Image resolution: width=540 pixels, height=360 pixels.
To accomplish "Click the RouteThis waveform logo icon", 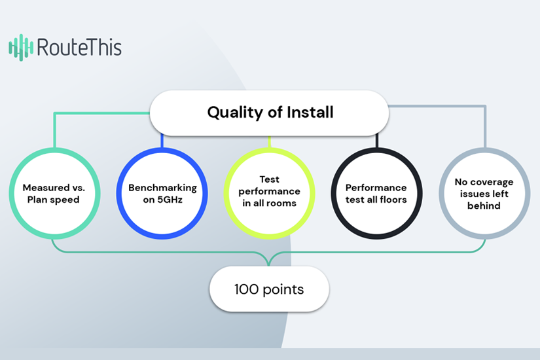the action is pyautogui.click(x=21, y=48).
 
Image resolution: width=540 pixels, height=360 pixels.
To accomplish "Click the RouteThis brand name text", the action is pyautogui.click(x=79, y=47).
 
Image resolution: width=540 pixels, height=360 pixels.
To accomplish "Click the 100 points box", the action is pyautogui.click(x=269, y=289).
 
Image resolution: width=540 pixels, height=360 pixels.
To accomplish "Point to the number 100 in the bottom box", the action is pyautogui.click(x=246, y=289).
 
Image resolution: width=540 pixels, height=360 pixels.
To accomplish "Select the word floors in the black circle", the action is pyautogui.click(x=393, y=200).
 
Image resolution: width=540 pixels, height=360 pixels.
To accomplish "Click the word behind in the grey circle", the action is pyautogui.click(x=484, y=206).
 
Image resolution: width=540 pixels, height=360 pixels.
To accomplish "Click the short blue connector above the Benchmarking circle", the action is pyautogui.click(x=162, y=141).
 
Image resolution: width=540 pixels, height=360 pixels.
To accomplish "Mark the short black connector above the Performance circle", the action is pyautogui.click(x=377, y=141).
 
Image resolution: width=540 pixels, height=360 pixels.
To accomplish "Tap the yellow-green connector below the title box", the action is pyautogui.click(x=269, y=142).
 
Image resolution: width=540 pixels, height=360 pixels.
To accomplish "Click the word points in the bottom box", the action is pyautogui.click(x=283, y=290).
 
